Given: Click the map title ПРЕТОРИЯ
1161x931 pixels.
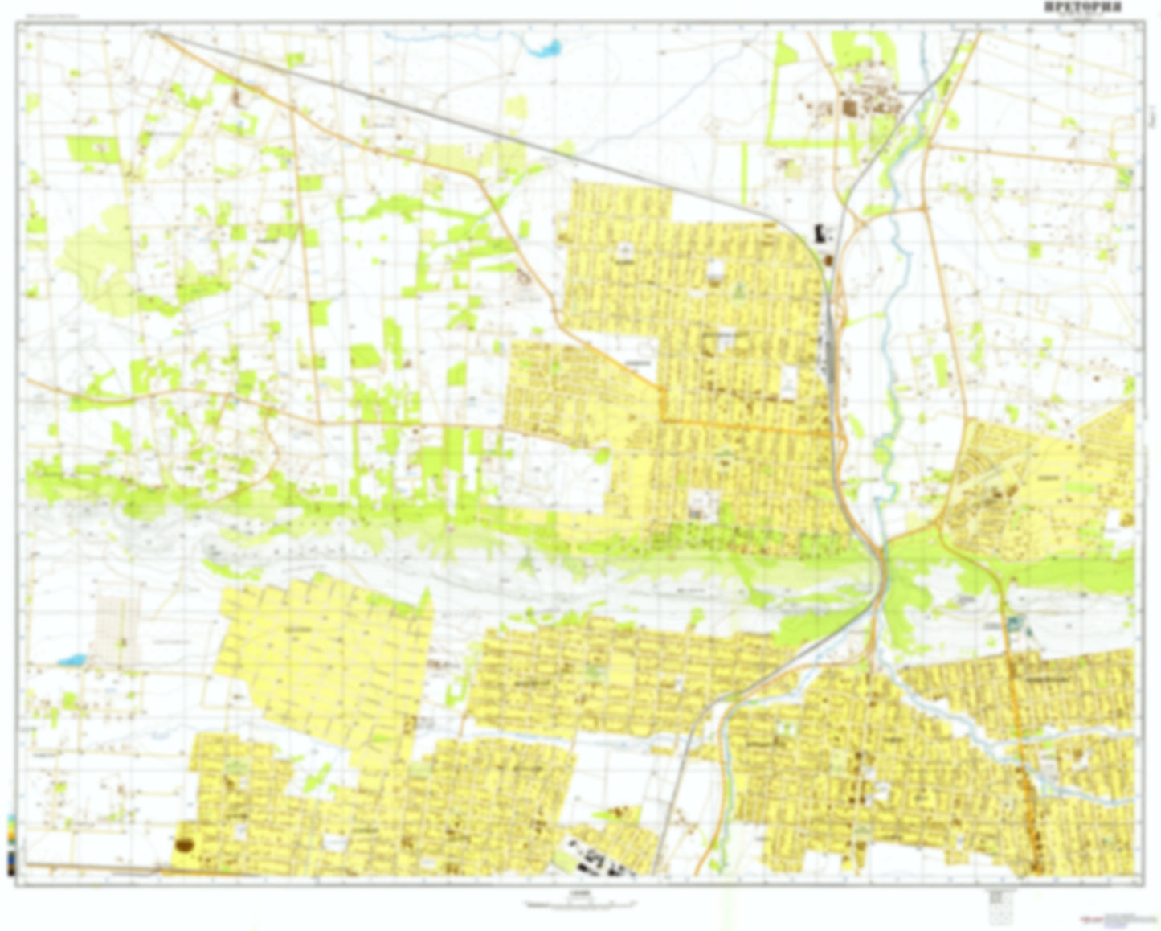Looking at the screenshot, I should (1083, 7).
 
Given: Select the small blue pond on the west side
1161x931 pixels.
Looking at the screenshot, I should (71, 661).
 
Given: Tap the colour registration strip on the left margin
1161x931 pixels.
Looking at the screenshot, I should (10, 844).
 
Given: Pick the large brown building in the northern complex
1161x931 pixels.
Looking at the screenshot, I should (849, 108).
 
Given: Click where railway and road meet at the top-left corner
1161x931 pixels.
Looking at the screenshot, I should (154, 33).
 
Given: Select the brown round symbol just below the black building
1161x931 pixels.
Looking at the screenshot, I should (827, 260).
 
